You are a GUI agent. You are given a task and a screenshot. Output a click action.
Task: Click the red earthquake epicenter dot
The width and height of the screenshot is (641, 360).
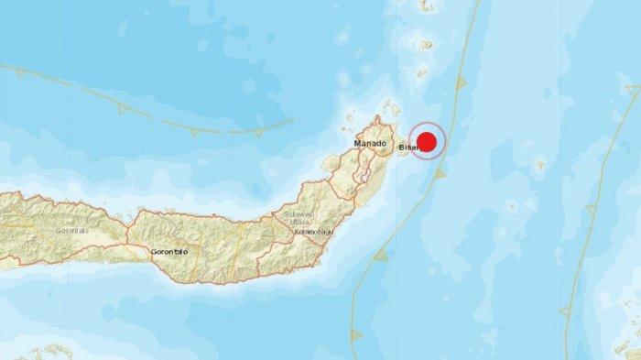tap(426, 142)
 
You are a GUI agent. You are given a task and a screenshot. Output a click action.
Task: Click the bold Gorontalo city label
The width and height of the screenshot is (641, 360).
tap(168, 250)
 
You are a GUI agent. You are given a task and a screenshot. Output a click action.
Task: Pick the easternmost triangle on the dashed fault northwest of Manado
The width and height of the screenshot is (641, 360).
tap(195, 130)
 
